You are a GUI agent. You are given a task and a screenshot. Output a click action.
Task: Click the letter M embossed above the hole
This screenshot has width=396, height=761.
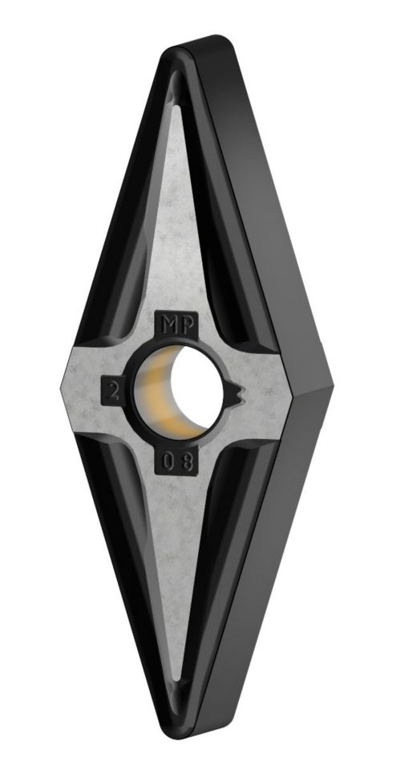pos(168,325)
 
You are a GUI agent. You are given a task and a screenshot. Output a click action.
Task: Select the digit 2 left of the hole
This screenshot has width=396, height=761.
pos(114,391)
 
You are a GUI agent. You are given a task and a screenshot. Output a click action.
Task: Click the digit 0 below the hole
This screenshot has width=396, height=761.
pos(168,461)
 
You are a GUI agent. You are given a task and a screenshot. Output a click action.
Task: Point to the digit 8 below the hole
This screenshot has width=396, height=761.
pos(184,462)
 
